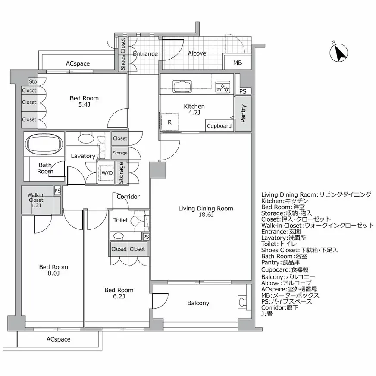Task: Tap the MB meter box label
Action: coord(238,63)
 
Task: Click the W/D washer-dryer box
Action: coord(107,173)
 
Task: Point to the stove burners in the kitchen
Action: coord(224,88)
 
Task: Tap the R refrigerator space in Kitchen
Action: coord(169,122)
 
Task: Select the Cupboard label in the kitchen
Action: coord(219,126)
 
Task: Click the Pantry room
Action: coord(243,113)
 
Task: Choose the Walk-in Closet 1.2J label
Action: coord(36,200)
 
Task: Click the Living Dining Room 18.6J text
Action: coord(206,211)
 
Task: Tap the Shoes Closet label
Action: coord(123,54)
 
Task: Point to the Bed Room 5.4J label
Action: coord(84,101)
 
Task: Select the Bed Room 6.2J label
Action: coord(119,293)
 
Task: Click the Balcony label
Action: coord(198,303)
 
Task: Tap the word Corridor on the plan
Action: coord(128,197)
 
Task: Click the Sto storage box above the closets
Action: coord(33,81)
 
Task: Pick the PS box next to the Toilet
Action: coord(146,237)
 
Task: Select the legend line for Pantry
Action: coord(282,262)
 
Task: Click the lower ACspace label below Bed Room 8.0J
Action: coord(58,339)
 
